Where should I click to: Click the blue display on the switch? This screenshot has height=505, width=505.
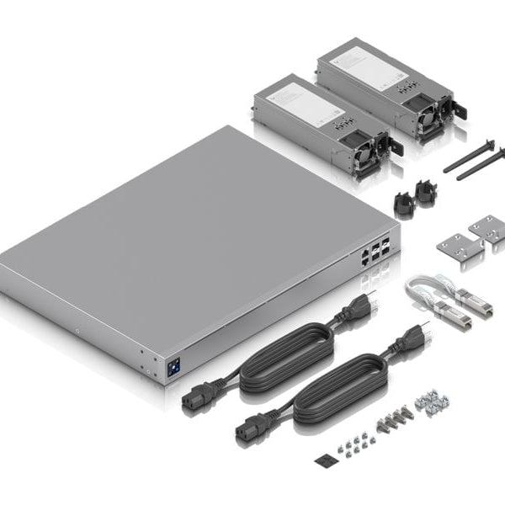click(x=174, y=368)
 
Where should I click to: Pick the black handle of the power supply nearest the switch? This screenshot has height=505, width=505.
click(x=396, y=146)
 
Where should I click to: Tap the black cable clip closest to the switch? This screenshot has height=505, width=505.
click(x=403, y=202)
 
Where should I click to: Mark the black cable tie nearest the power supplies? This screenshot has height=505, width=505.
click(x=468, y=156)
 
